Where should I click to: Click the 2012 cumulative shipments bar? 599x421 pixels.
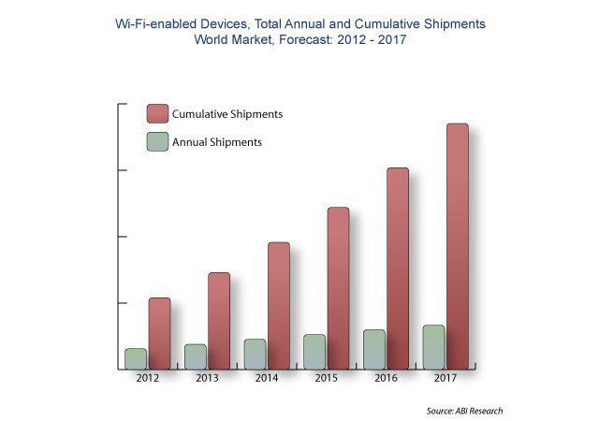(x=159, y=333)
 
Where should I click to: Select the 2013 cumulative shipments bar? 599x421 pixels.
(x=219, y=320)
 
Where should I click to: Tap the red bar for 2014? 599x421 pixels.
(x=279, y=305)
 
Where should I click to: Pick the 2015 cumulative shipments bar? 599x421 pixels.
(x=338, y=287)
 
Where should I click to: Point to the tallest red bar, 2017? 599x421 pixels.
(x=457, y=245)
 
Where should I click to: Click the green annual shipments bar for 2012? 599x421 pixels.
(x=136, y=358)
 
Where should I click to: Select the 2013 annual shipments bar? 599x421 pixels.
(x=196, y=356)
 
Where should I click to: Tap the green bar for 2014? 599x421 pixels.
(x=255, y=354)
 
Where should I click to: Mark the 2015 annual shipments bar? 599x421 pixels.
(x=314, y=352)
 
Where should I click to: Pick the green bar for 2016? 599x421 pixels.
(x=373, y=349)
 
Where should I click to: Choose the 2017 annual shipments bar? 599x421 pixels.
(x=433, y=347)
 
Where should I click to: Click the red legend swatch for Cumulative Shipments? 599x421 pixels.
(x=157, y=114)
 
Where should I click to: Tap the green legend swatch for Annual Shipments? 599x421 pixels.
(x=157, y=142)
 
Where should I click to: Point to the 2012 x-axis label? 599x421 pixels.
(x=147, y=379)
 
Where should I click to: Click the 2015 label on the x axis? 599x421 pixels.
(x=326, y=379)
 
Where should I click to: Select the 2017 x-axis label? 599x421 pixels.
(x=445, y=379)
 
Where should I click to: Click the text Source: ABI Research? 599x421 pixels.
(x=464, y=411)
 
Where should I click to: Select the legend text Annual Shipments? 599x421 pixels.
(x=217, y=142)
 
